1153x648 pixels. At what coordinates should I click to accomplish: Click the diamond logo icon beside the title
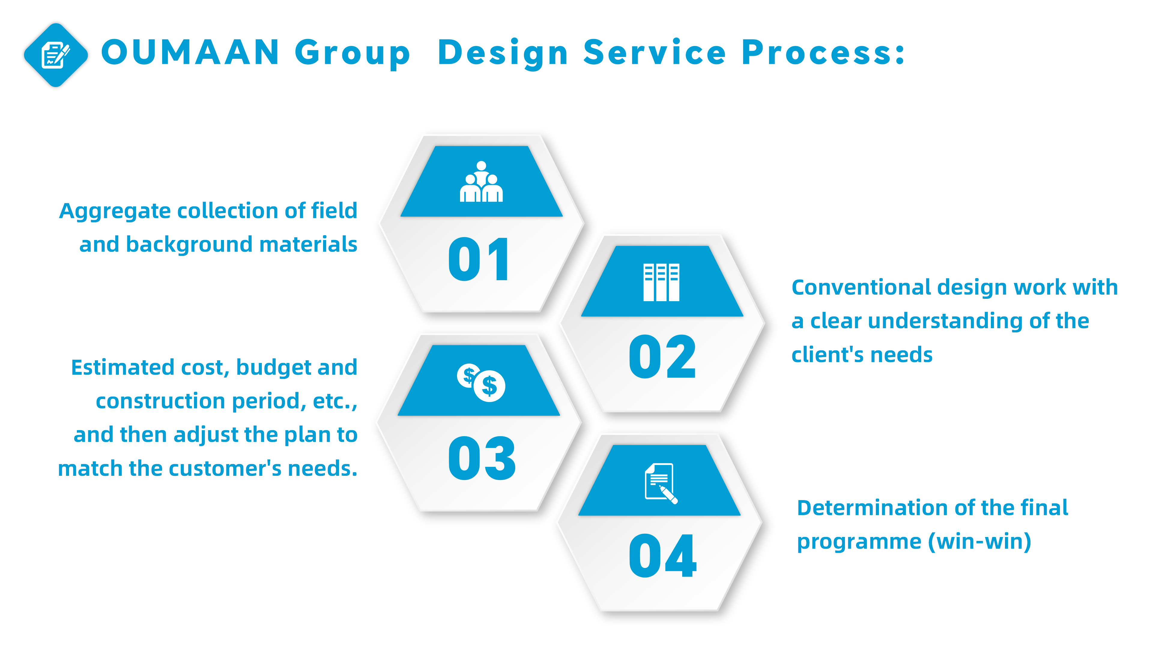coord(56,55)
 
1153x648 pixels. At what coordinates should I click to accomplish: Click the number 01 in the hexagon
coord(479,259)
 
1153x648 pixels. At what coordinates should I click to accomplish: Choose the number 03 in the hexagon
coord(482,458)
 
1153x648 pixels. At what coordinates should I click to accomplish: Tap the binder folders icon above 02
coord(661,282)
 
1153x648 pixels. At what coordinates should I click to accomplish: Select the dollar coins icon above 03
coord(481,382)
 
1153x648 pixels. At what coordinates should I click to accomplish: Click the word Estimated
coord(122,367)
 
